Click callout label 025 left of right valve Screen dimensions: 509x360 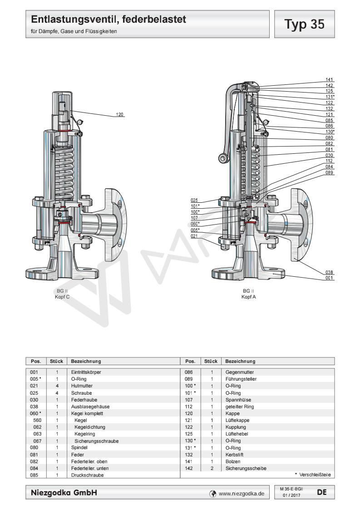click(195, 200)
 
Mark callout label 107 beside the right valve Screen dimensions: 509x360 click(195, 217)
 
